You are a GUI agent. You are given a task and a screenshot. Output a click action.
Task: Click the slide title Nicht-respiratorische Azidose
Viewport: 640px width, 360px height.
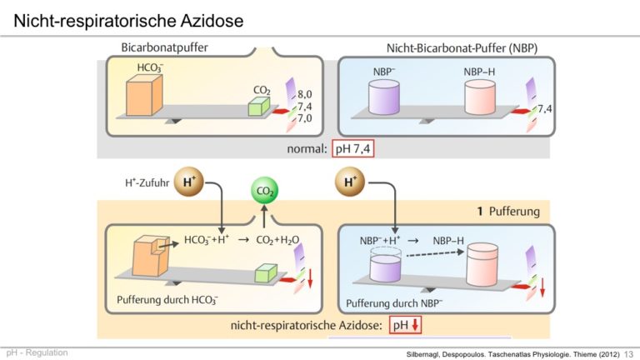pos(128,20)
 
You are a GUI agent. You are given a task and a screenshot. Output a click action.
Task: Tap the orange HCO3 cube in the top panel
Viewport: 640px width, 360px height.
pos(144,95)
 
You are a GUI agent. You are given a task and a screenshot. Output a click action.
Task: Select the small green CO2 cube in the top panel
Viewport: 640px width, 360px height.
pos(259,106)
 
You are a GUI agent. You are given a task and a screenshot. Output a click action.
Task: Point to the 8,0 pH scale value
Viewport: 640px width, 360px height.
pos(304,94)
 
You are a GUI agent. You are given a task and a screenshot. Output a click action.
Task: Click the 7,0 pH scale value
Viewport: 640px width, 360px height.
pos(304,118)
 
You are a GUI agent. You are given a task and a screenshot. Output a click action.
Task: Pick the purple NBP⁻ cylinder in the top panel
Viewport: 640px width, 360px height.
pos(383,97)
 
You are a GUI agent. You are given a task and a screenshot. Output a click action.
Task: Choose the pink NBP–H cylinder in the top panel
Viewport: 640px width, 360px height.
pos(480,97)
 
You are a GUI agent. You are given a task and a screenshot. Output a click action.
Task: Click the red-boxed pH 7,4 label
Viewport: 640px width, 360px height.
pos(353,148)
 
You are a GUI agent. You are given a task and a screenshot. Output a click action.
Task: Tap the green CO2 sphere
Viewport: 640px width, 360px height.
pos(264,191)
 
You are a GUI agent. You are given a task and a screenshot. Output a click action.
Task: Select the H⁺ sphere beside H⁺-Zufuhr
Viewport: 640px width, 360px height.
pos(188,182)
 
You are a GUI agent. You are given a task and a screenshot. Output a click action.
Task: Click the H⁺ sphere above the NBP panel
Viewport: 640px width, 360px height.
pos(350,182)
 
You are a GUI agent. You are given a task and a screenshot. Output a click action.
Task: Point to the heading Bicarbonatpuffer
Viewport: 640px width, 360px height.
pos(164,47)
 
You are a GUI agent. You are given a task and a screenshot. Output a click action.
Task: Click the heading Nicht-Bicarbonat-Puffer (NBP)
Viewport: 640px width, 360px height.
pos(462,48)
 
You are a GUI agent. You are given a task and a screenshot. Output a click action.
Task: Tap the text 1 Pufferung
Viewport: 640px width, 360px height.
pos(508,212)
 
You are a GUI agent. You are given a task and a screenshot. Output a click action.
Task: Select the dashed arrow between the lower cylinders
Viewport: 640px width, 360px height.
pos(436,253)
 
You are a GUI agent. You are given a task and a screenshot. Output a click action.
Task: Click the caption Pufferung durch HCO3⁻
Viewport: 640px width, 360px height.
pos(167,300)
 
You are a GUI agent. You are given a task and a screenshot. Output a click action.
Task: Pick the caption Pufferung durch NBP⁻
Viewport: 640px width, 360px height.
pos(394,303)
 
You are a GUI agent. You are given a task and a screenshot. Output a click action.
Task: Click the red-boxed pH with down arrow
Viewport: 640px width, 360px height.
pos(405,325)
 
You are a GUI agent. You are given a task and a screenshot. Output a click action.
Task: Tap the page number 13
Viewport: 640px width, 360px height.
pos(628,354)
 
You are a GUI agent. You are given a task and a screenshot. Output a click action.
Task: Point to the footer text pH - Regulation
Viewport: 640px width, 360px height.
pos(37,352)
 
